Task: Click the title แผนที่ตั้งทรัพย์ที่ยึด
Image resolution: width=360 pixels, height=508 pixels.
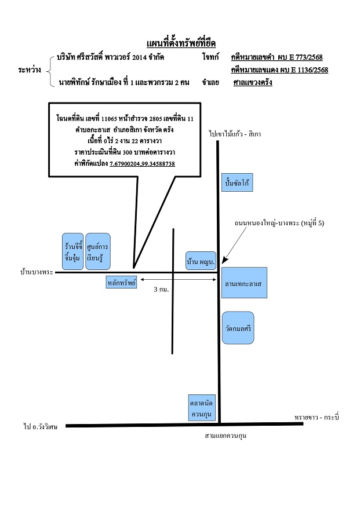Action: (x=181, y=43)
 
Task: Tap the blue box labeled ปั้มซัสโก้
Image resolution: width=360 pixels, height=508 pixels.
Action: (x=237, y=182)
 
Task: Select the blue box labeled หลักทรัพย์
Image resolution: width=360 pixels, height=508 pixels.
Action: (x=122, y=282)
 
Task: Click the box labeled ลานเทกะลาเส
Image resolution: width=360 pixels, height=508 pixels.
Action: (x=244, y=283)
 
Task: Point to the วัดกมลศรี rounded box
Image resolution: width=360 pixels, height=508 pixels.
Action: (x=238, y=327)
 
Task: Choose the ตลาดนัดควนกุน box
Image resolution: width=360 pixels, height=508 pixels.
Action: (x=202, y=408)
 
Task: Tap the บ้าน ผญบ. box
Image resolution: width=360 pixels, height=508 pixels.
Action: (x=201, y=261)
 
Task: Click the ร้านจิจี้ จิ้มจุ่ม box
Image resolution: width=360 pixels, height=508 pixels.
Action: (x=72, y=251)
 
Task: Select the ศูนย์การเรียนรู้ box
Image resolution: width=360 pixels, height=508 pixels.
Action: (x=98, y=251)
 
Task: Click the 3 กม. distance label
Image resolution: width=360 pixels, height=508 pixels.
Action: (x=161, y=289)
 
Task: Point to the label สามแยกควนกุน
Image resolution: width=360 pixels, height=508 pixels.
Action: (x=226, y=436)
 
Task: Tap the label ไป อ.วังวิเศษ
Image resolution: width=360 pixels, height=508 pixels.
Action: (x=41, y=427)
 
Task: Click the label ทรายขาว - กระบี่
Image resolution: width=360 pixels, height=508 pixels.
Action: (x=317, y=417)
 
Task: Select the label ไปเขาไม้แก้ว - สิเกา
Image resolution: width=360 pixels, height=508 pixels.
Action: (x=235, y=134)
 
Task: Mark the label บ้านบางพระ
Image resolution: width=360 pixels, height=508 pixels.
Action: (x=37, y=272)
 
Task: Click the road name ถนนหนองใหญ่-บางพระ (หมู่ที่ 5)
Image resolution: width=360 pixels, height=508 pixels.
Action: (x=279, y=223)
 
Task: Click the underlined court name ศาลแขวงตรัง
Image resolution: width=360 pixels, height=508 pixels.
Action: (x=253, y=82)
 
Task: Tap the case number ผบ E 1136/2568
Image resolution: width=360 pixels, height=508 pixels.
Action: (x=304, y=70)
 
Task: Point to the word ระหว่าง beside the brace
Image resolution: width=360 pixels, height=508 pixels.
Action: (x=30, y=70)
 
